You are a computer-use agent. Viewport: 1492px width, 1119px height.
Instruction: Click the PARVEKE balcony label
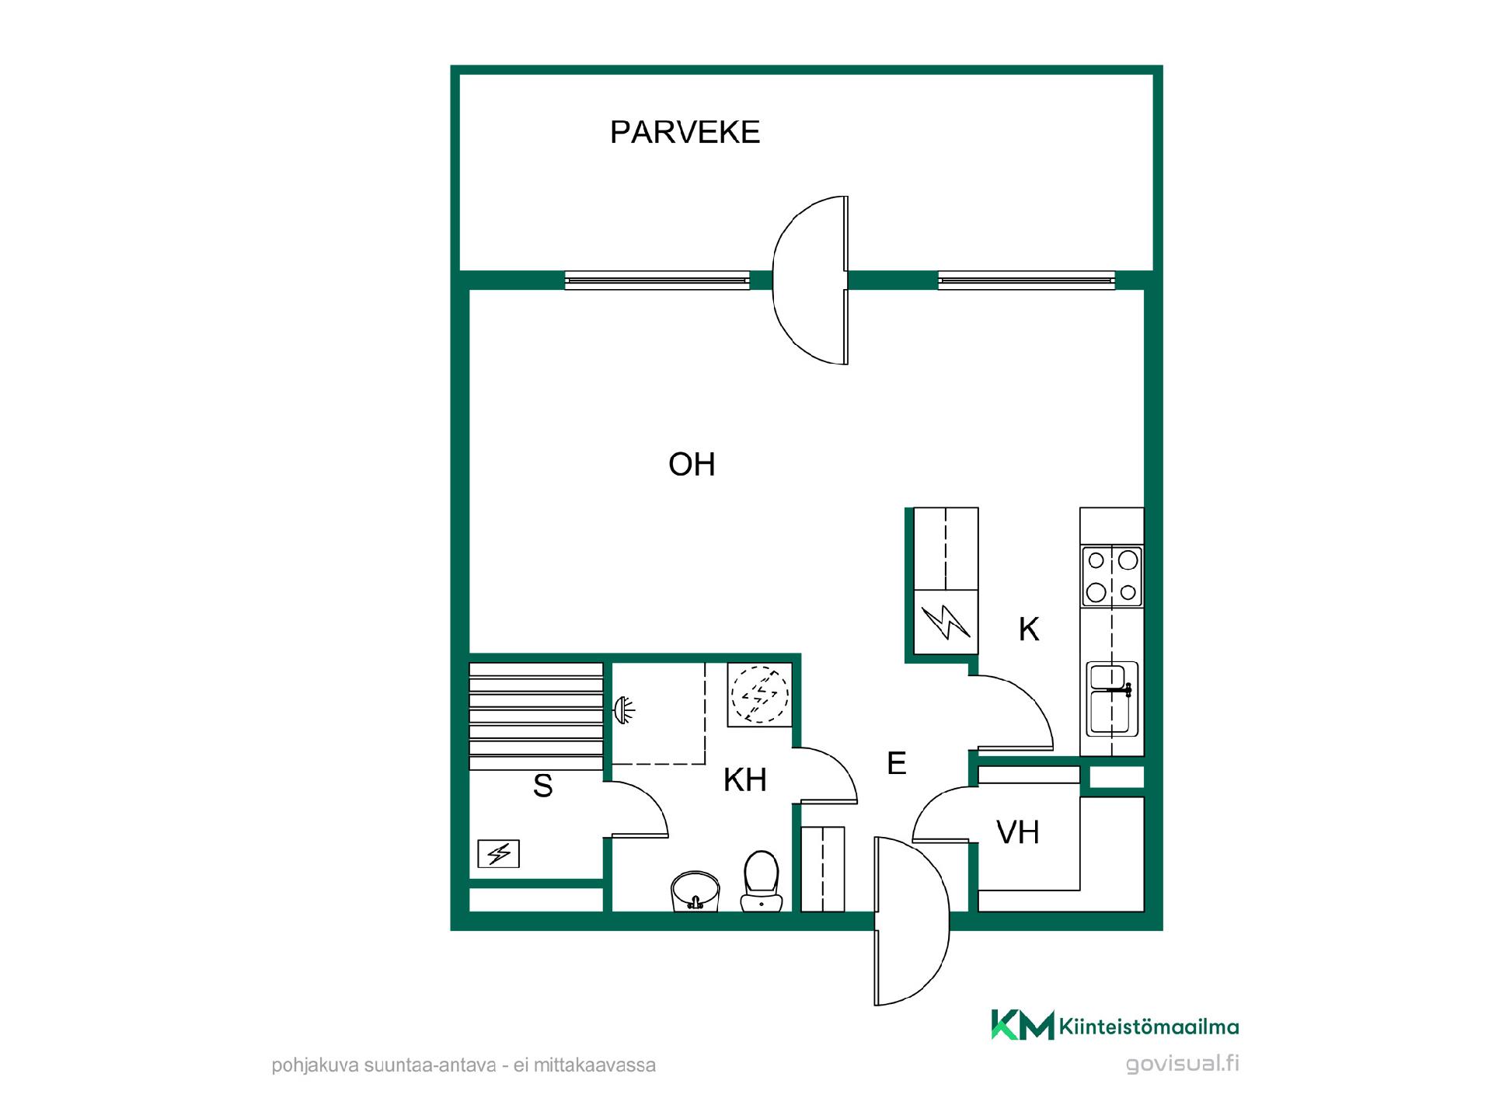(685, 132)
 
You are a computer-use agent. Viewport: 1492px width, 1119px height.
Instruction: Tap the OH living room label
(692, 465)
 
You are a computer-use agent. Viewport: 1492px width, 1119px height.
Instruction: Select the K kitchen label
(1029, 629)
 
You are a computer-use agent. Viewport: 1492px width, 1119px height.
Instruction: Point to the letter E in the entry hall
(897, 763)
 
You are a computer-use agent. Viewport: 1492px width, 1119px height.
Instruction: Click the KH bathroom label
(744, 779)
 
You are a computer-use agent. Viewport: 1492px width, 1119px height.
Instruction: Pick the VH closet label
(1018, 832)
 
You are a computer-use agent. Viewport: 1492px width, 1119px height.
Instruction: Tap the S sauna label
(542, 786)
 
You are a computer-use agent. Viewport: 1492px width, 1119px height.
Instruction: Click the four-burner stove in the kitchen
(1112, 576)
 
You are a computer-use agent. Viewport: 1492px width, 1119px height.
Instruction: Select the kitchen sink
(1112, 698)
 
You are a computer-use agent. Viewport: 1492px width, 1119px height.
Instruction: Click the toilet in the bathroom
(762, 880)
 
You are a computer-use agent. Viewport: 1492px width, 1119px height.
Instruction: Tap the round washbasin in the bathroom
(695, 891)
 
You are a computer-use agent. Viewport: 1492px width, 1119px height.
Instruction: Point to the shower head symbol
(623, 709)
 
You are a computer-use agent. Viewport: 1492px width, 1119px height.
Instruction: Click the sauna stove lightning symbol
(498, 854)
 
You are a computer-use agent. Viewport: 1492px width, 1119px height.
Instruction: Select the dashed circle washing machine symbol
(760, 694)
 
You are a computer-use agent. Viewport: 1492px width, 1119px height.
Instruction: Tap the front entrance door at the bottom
(912, 921)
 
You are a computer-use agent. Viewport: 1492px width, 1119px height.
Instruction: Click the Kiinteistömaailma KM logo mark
(1023, 1025)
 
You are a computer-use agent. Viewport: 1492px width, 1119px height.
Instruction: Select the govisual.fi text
(1182, 1063)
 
